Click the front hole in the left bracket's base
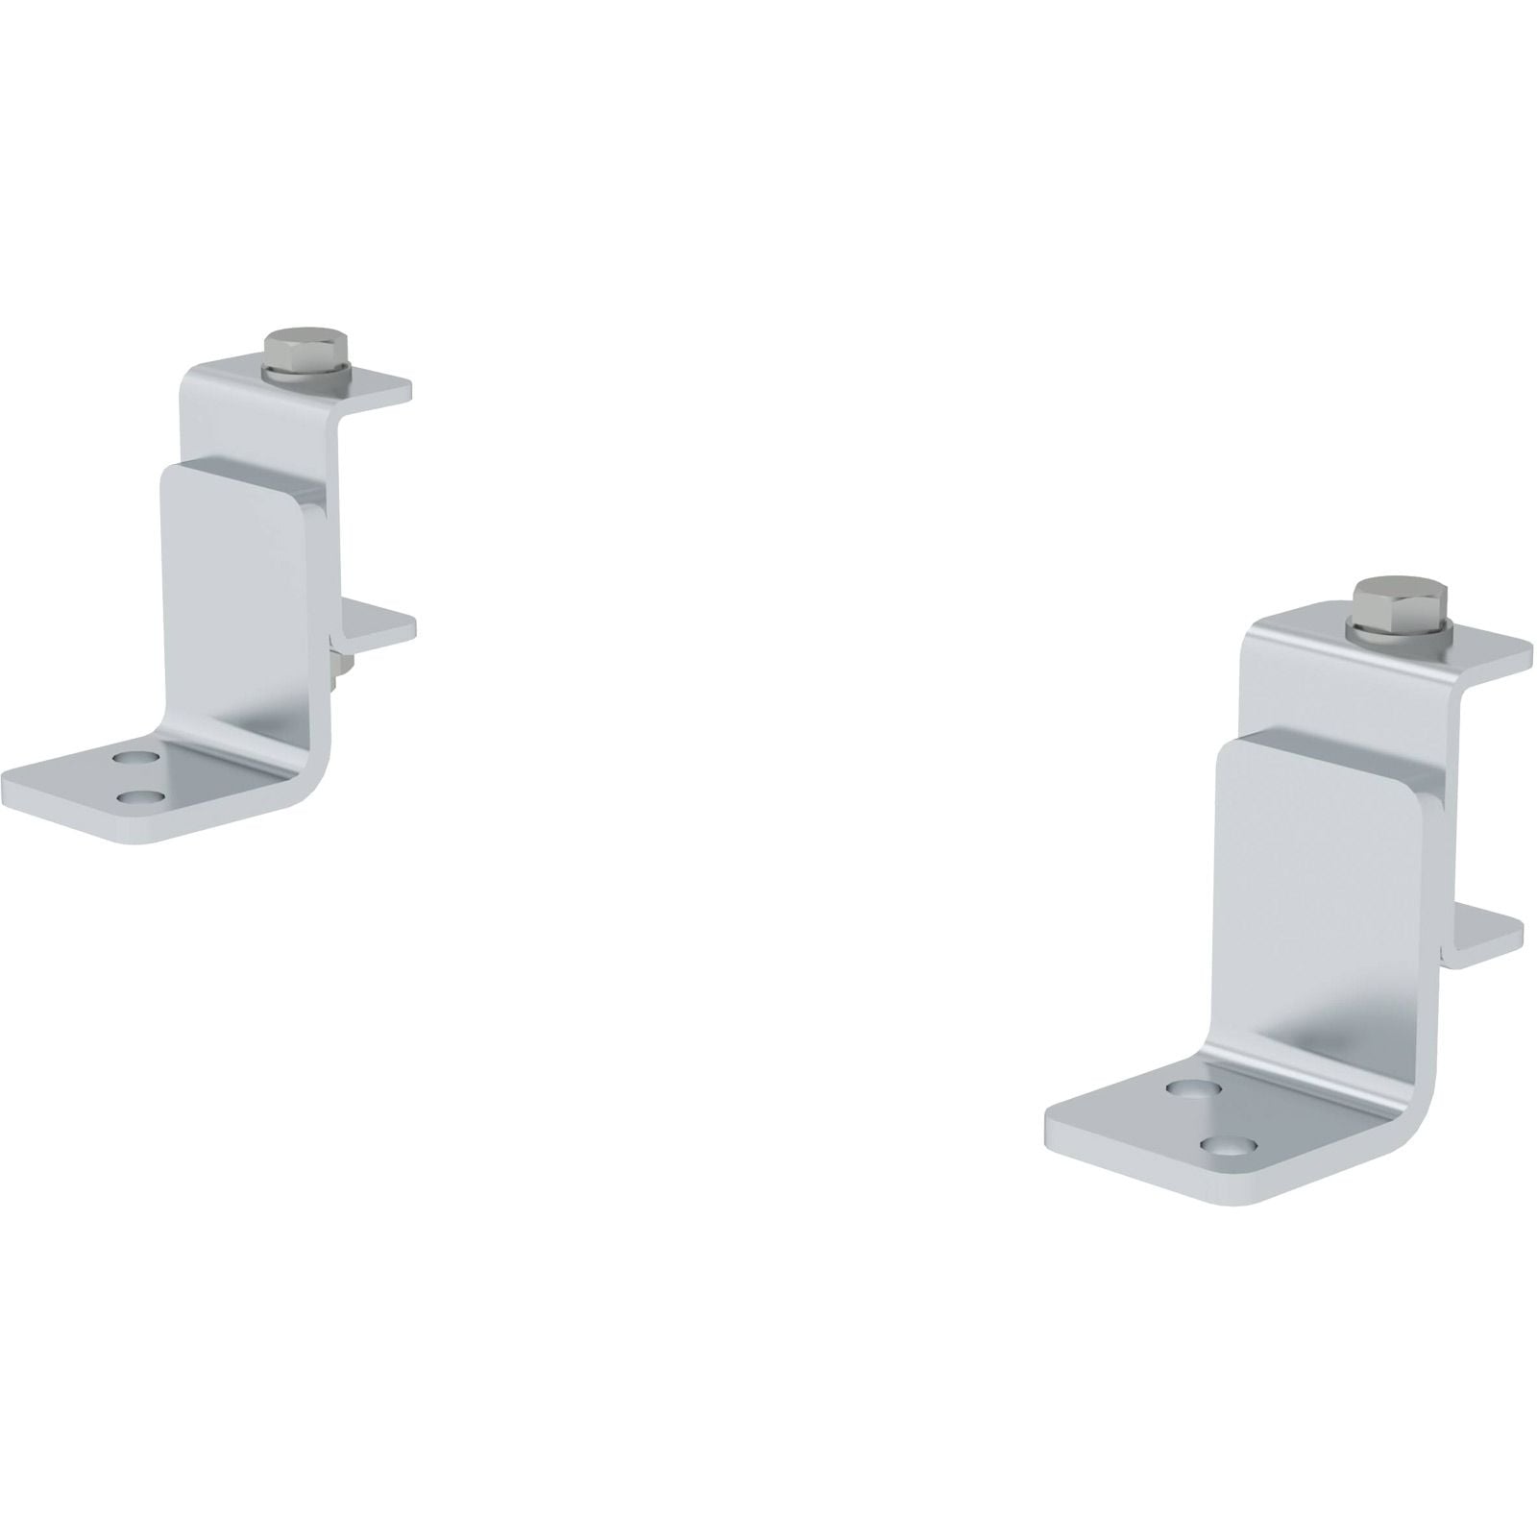pos(142,795)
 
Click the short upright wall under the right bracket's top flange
pos(1278,692)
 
